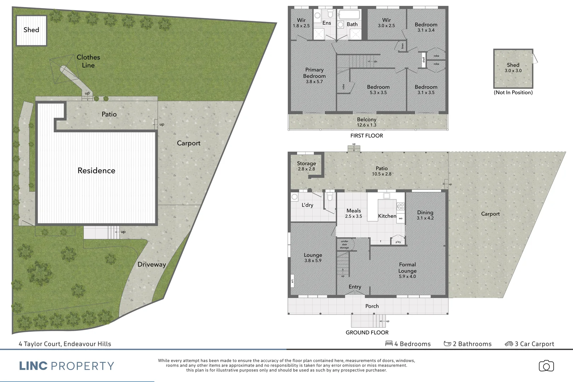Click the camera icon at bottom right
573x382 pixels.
[546, 366]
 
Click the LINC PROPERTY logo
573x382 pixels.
[66, 366]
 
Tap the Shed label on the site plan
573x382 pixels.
[31, 30]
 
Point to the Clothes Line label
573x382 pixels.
[88, 61]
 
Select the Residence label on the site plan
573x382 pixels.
[96, 170]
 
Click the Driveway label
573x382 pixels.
[151, 265]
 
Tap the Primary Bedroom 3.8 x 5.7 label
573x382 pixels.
[314, 75]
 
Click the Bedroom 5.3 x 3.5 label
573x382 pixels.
[378, 89]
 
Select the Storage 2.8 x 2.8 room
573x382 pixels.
[306, 166]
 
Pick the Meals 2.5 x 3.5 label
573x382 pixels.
[354, 213]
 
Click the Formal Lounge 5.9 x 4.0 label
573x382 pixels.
[407, 270]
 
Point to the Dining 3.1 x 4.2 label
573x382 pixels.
[425, 215]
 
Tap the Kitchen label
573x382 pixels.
[387, 216]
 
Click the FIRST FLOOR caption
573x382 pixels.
[366, 136]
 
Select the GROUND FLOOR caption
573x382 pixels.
[367, 332]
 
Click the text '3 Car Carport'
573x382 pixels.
[534, 344]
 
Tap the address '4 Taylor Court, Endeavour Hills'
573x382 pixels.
[65, 344]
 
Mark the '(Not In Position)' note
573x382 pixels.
[513, 93]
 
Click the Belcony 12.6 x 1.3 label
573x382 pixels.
[366, 122]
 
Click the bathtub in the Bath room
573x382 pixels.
[349, 15]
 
